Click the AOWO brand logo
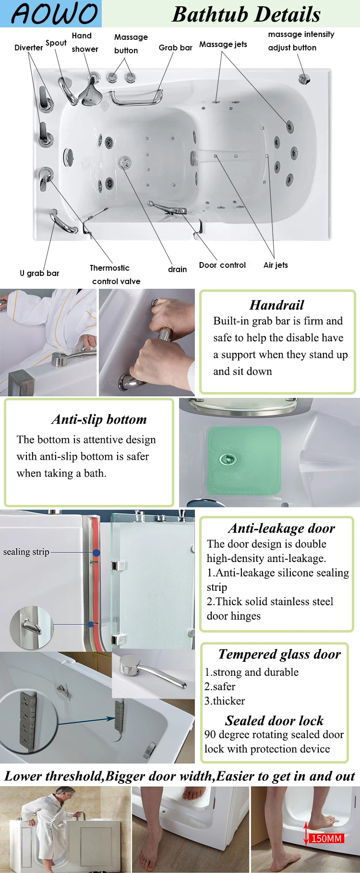54,13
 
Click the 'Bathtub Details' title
246,14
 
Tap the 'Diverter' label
28,48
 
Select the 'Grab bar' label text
175,48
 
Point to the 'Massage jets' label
223,44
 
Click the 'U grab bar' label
39,273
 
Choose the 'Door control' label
222,265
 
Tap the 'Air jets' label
276,265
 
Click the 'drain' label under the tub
177,269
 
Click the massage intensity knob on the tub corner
304,78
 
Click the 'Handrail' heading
276,305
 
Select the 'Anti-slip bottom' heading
99,419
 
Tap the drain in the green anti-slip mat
227,459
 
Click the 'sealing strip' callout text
26,552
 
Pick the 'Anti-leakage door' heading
281,528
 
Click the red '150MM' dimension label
326,838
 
